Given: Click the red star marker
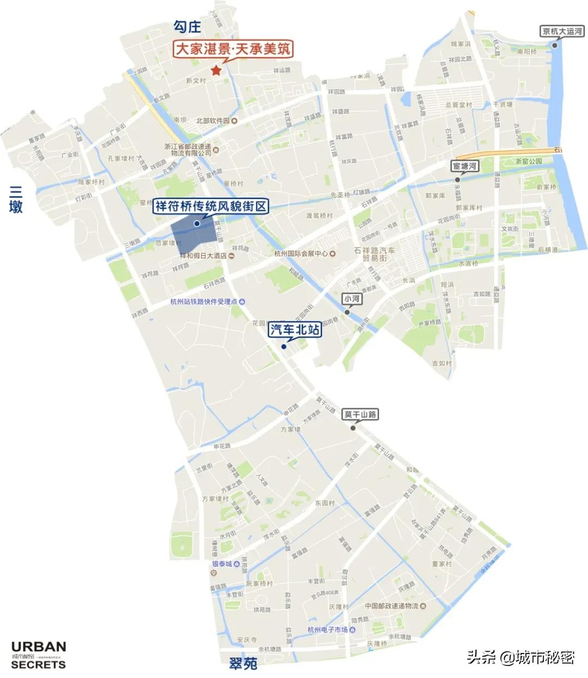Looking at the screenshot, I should (x=216, y=70).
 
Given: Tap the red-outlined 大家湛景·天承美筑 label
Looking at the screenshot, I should (x=233, y=49).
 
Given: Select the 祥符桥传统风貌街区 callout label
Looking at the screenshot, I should (x=211, y=206).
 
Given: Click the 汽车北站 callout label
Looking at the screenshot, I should (x=295, y=329).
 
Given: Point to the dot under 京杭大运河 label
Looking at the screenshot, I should (x=555, y=45).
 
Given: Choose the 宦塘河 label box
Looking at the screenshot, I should (x=465, y=166).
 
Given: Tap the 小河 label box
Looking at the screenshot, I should (x=352, y=299).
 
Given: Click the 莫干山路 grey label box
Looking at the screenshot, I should (x=360, y=414).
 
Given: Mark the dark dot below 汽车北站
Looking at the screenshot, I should (x=284, y=346).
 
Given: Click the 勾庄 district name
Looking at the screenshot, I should (x=187, y=26).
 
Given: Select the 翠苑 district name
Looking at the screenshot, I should (x=243, y=663).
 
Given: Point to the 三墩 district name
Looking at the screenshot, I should (x=16, y=199).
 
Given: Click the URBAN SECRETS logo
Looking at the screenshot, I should (x=38, y=655).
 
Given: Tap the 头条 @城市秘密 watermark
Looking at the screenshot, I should (x=520, y=657).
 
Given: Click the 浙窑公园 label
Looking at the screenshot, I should (x=529, y=161).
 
